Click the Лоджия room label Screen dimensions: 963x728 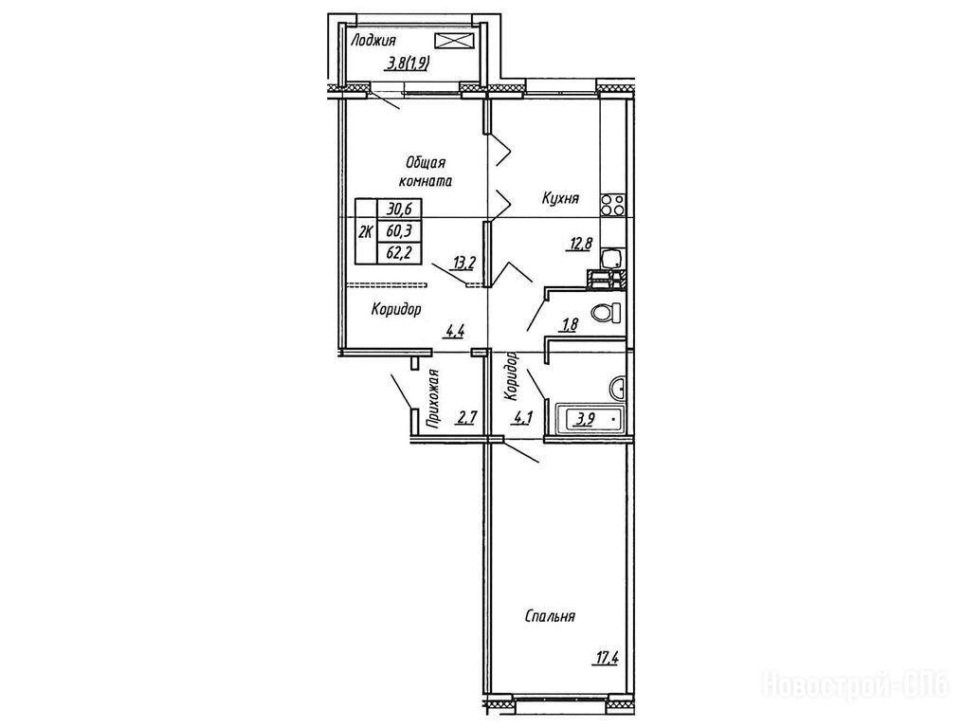click(x=372, y=41)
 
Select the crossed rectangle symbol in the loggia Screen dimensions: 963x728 click(x=455, y=41)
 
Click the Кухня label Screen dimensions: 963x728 click(x=560, y=198)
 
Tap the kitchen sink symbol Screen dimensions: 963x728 click(x=611, y=258)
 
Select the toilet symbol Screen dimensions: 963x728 click(x=607, y=313)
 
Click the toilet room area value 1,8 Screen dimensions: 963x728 click(x=568, y=324)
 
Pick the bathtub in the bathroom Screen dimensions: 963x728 click(x=589, y=419)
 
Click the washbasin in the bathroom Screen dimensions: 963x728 click(x=617, y=389)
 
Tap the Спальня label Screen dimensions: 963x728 click(x=550, y=616)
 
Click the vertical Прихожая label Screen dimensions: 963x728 click(x=433, y=398)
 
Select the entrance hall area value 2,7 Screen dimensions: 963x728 click(x=466, y=419)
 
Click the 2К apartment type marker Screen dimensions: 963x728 click(x=366, y=231)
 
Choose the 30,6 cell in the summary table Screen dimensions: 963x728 click(x=399, y=209)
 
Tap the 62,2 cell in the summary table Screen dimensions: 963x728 click(x=399, y=252)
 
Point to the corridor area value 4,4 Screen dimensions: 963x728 click(x=454, y=333)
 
